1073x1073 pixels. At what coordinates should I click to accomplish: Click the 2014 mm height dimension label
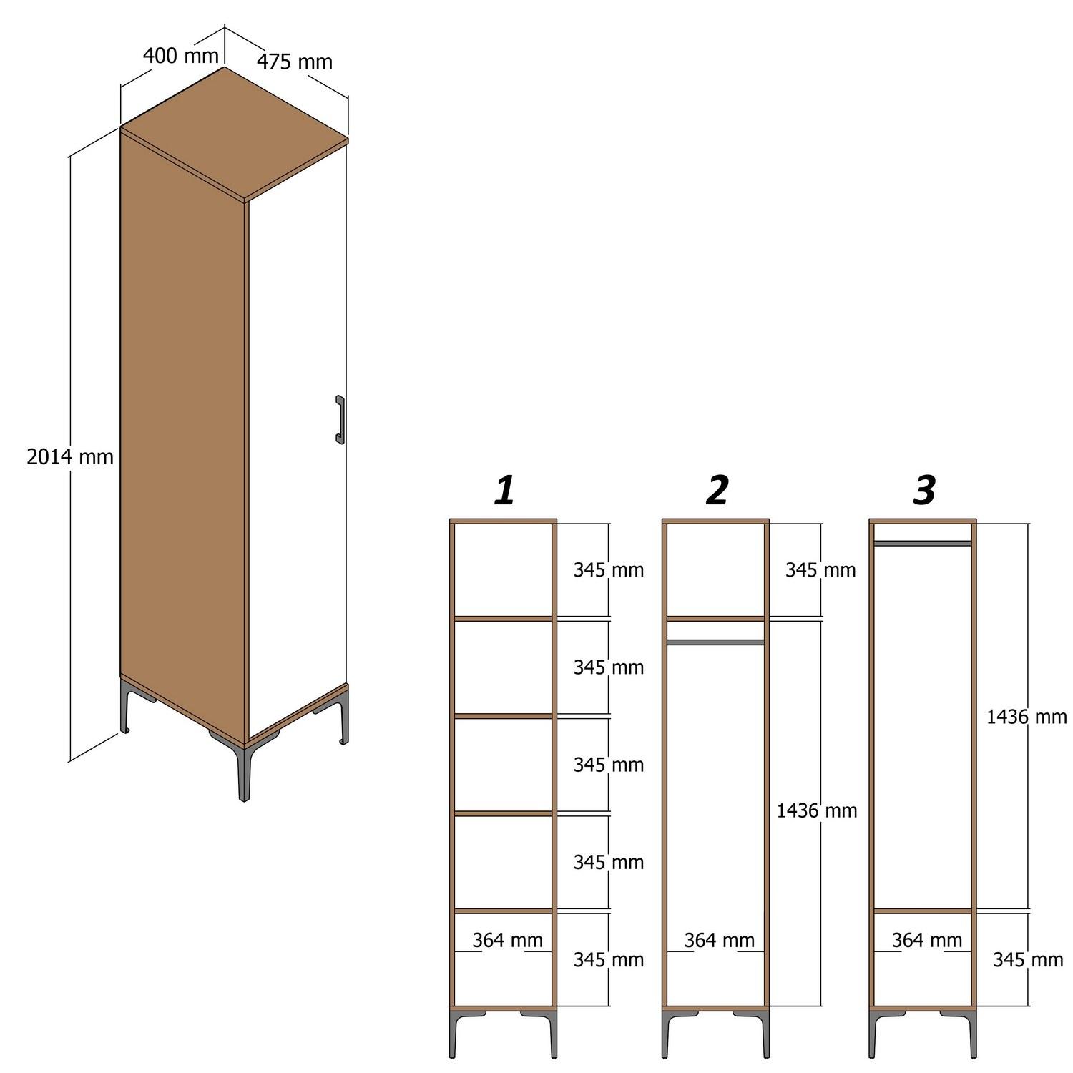click(x=70, y=456)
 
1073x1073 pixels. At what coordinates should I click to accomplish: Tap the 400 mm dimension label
click(x=180, y=54)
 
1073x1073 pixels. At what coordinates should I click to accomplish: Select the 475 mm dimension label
click(x=295, y=62)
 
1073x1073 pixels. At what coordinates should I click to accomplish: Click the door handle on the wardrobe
click(x=340, y=420)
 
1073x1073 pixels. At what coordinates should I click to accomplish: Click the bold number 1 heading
click(x=504, y=491)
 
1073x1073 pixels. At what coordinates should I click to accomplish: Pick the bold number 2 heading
click(x=717, y=491)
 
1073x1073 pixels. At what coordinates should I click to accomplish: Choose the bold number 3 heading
click(x=924, y=491)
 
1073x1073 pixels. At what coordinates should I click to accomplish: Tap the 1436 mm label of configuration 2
click(x=817, y=810)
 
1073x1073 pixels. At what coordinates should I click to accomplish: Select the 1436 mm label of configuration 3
click(x=1027, y=716)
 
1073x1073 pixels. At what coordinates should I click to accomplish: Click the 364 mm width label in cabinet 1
click(x=507, y=940)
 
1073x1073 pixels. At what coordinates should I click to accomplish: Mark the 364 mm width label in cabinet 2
click(x=719, y=940)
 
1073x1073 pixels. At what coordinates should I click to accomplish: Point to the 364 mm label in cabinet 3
click(x=926, y=940)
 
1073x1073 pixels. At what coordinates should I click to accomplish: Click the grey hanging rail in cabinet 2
click(x=715, y=642)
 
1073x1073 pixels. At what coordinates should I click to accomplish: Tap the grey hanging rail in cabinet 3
click(x=923, y=544)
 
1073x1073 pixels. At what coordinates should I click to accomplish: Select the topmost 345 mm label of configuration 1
click(x=608, y=570)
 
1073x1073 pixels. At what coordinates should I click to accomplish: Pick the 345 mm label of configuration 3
click(x=1027, y=959)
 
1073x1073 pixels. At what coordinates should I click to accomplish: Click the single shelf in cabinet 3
click(x=923, y=911)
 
